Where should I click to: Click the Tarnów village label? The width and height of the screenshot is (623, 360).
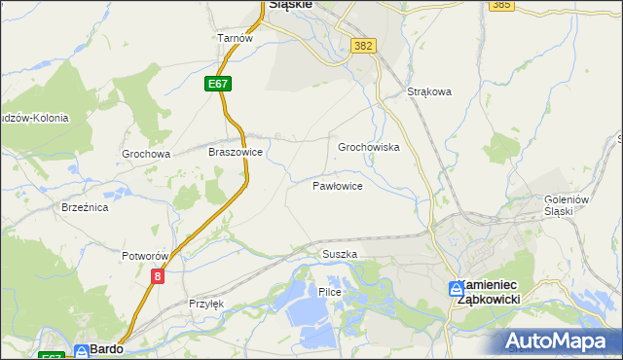(235, 38)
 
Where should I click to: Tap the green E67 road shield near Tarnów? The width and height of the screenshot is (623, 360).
(218, 85)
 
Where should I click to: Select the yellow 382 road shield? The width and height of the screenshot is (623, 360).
(364, 46)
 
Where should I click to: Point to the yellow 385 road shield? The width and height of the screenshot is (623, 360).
(502, 5)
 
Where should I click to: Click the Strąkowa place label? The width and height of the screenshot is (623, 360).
(429, 92)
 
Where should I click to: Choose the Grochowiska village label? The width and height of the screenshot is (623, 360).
(369, 147)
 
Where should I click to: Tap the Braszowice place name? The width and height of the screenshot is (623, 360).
(236, 153)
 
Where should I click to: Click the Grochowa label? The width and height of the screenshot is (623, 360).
(146, 154)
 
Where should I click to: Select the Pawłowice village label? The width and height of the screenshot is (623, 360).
(338, 185)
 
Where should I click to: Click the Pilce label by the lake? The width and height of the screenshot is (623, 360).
(328, 292)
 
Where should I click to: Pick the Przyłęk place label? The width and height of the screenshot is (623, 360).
(205, 304)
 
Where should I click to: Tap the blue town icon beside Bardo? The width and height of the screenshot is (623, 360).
(82, 350)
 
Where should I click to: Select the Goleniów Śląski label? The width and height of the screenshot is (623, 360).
(568, 205)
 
